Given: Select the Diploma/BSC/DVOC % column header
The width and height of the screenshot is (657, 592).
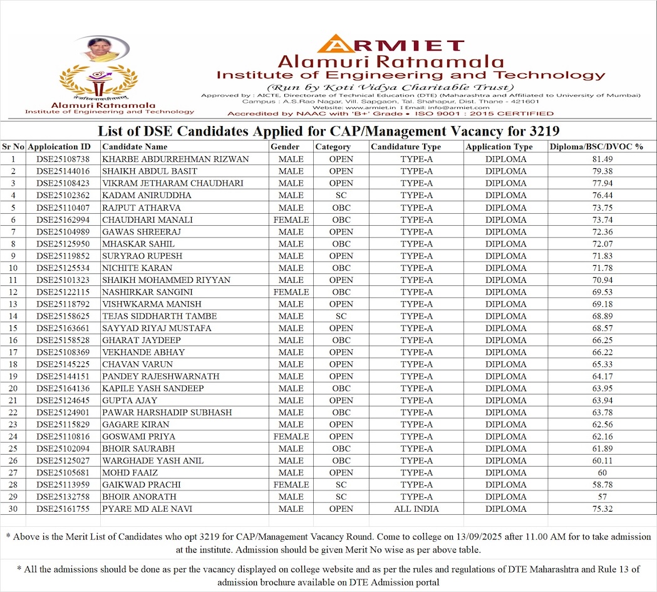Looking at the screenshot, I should (596, 147).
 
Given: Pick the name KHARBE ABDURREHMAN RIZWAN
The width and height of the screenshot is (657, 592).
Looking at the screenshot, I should (175, 159).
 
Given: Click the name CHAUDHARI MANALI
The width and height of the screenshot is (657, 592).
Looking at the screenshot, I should (138, 219).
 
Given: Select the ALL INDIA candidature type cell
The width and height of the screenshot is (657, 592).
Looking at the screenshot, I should (416, 509).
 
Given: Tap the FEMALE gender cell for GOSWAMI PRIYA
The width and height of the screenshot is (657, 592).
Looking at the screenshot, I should (291, 436).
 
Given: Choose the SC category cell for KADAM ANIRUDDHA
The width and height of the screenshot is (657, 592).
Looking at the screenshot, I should (341, 196).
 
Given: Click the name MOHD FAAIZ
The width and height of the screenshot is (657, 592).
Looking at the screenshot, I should (130, 472).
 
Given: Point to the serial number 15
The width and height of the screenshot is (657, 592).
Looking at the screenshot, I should (13, 328).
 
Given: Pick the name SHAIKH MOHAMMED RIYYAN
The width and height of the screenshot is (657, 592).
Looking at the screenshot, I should (166, 280).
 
